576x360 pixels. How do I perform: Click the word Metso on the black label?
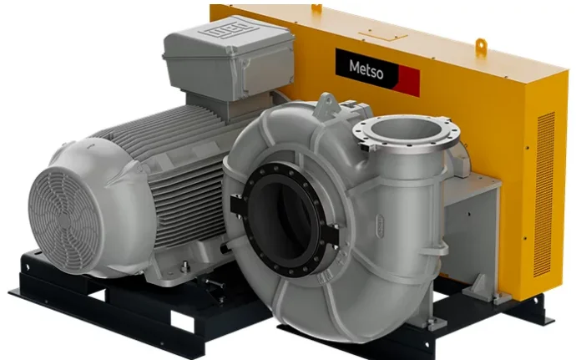click(366, 70)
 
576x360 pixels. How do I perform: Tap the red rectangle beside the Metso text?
click(408, 81)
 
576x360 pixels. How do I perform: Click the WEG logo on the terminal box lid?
click(228, 28)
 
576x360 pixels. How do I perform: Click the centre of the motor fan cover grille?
click(63, 221)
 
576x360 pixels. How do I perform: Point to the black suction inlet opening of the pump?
click(281, 220)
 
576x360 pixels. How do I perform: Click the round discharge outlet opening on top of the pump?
click(406, 129)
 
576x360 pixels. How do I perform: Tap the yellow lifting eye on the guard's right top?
click(481, 47)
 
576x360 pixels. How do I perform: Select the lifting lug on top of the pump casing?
click(327, 103)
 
